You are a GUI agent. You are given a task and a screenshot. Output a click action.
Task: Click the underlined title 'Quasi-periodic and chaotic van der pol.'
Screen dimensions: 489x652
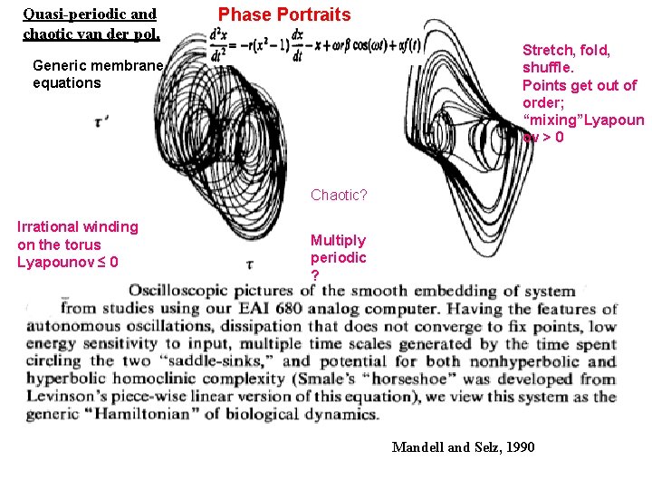(91, 24)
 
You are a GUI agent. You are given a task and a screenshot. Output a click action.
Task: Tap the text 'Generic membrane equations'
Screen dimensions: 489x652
(97, 73)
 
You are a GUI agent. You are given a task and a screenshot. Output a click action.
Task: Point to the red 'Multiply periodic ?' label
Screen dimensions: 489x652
(338, 257)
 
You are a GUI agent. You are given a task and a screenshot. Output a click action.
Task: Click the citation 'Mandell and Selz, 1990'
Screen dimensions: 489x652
(463, 447)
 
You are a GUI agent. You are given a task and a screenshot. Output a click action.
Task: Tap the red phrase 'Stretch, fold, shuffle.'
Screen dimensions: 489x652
(566, 59)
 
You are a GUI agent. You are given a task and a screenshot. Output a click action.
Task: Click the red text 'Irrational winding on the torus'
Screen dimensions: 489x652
(78, 235)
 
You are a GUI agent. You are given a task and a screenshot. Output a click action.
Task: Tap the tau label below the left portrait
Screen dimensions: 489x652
(250, 264)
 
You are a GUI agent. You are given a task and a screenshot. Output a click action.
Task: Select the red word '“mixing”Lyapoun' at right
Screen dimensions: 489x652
(582, 120)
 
